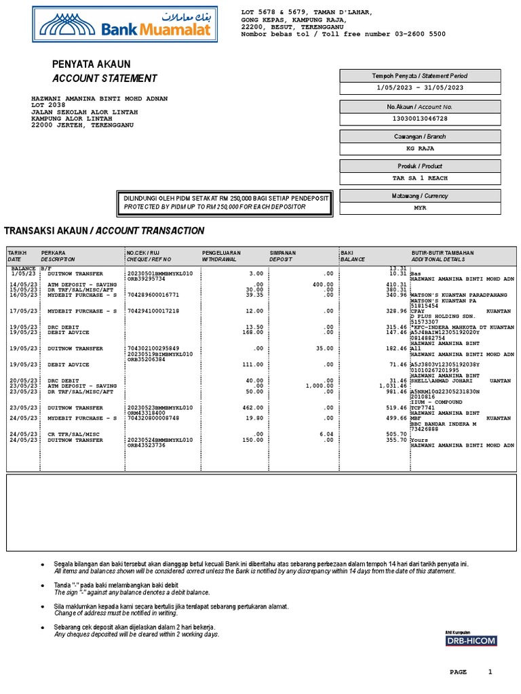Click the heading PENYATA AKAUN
pos(92,64)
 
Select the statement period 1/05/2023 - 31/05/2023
pos(420,87)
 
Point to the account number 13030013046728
pos(420,119)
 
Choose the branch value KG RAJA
pos(420,147)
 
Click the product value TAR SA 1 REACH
pos(420,178)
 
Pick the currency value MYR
pos(420,208)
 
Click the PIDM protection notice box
pos(225,202)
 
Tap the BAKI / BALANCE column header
pos(353,256)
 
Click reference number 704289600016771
pos(153,295)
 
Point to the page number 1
pos(490,672)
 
